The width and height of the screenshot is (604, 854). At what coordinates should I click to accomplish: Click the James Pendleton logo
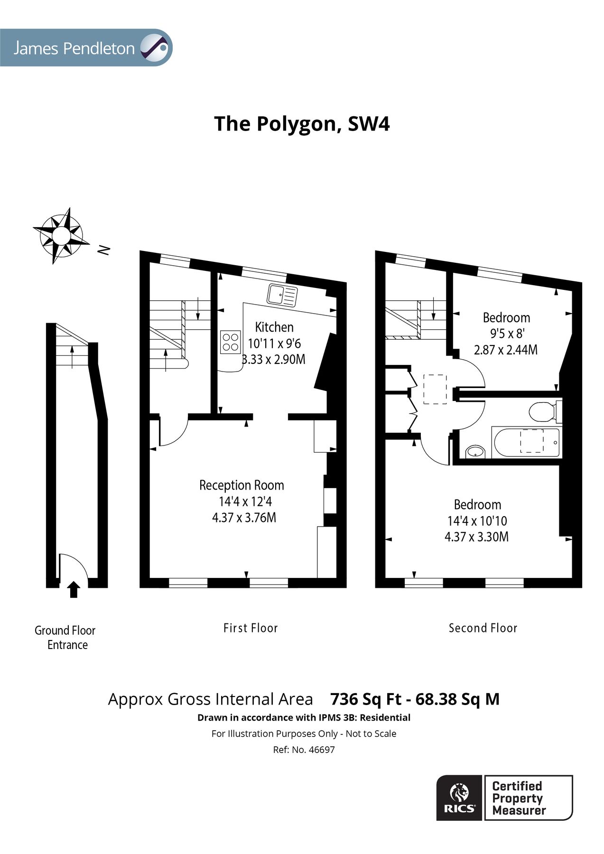click(x=86, y=48)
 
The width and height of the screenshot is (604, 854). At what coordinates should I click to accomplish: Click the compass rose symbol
click(x=61, y=235)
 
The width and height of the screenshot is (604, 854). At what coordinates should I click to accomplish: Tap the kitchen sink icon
click(x=282, y=295)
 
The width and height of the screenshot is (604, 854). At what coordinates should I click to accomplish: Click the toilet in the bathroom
click(x=544, y=411)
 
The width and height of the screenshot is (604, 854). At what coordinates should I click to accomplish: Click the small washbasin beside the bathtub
click(x=475, y=451)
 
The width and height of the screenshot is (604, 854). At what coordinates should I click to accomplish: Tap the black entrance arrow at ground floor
click(x=74, y=589)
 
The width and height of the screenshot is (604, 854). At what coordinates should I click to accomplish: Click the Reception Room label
click(x=242, y=485)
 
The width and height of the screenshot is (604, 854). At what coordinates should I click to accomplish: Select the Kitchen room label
click(x=274, y=327)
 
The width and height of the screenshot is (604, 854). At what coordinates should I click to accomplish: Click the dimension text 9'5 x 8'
click(x=506, y=334)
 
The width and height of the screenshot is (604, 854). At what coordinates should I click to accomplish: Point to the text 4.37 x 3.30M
click(x=476, y=537)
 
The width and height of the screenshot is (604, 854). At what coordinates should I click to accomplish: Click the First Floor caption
click(x=251, y=628)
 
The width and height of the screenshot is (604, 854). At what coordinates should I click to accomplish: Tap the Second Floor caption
click(x=483, y=628)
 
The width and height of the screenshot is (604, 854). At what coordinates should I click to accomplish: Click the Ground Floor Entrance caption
click(x=65, y=638)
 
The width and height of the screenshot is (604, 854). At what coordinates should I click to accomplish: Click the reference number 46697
click(x=321, y=750)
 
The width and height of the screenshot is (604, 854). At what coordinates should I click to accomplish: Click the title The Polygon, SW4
click(x=302, y=124)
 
